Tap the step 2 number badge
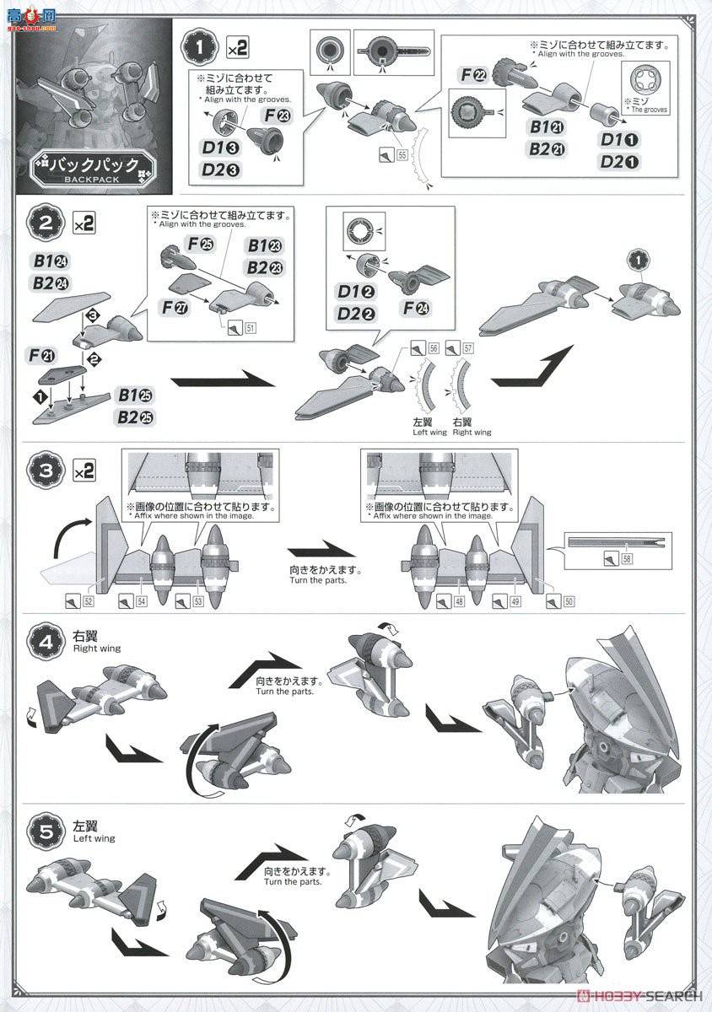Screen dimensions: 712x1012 click(x=45, y=224)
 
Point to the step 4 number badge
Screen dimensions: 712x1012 click(x=45, y=638)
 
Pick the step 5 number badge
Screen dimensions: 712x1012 click(x=45, y=829)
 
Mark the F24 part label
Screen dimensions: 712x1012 click(x=413, y=315)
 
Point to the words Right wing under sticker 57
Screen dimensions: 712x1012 click(x=471, y=432)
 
